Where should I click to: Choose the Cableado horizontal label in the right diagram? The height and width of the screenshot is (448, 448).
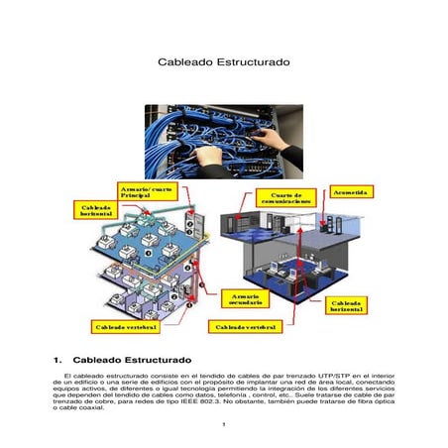[x=349, y=304]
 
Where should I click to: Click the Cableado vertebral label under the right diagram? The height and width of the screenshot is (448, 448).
[x=243, y=325]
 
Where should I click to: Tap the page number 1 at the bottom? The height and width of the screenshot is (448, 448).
[x=225, y=426]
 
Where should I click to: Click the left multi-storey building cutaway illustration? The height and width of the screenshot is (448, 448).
[x=139, y=258]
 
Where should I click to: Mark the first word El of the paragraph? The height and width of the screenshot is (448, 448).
[x=66, y=377]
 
